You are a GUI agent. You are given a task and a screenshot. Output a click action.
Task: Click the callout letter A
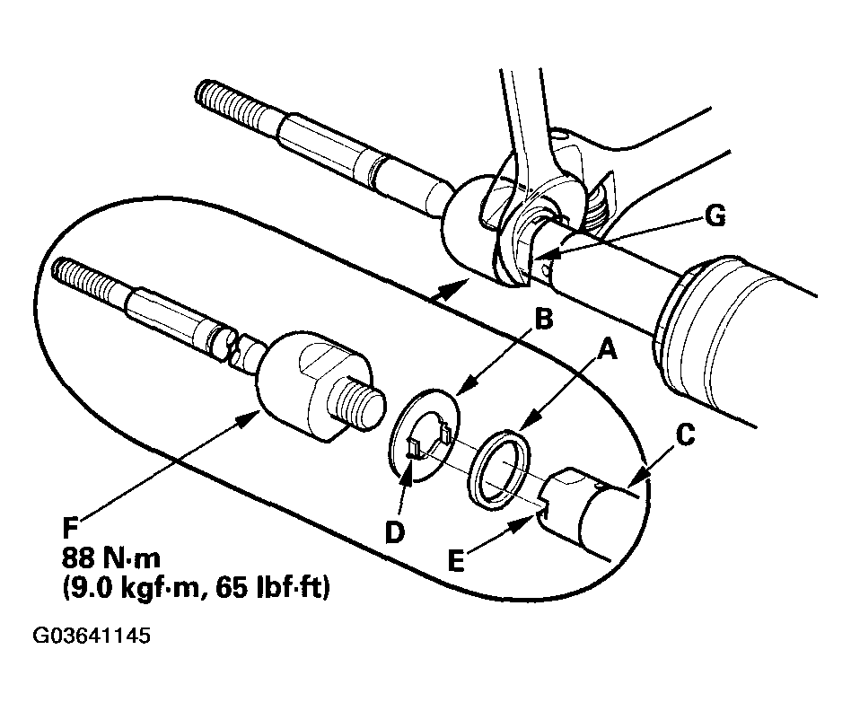point(608,354)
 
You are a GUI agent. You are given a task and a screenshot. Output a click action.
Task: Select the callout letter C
point(684,436)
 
